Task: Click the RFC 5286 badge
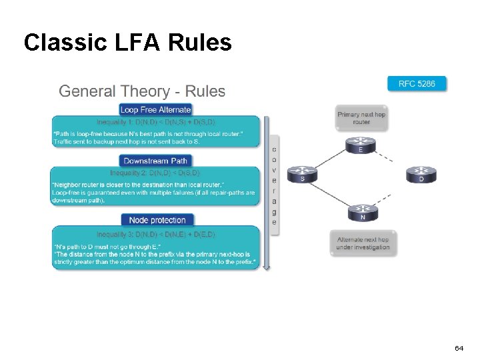click(417, 83)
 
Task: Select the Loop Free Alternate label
click(156, 109)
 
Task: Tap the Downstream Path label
click(156, 161)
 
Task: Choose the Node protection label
click(157, 220)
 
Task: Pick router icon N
click(362, 212)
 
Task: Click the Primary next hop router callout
click(361, 118)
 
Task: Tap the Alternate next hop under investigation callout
click(363, 243)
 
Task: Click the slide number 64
click(459, 349)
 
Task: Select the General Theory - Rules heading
click(142, 91)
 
